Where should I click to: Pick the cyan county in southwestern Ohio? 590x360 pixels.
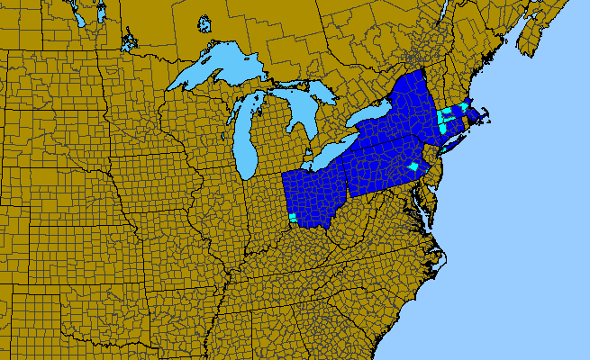coord(293,219)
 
